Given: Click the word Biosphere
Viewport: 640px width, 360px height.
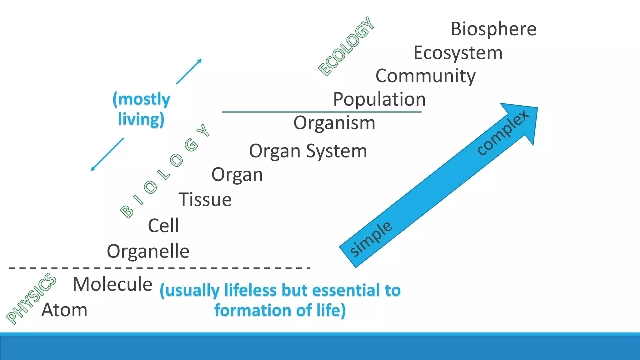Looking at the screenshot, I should (493, 29).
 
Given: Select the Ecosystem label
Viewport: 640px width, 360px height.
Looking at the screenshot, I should (458, 53).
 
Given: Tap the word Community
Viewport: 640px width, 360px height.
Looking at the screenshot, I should (425, 76).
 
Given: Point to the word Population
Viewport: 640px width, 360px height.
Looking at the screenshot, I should (379, 99).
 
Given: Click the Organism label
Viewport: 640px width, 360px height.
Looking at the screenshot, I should (334, 123).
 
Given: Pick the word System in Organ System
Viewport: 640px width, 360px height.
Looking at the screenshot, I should (336, 151).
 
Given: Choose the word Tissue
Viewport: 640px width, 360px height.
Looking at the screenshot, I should (205, 199).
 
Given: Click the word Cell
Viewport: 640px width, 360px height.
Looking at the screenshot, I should (163, 225).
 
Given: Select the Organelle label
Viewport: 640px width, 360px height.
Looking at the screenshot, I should (148, 251).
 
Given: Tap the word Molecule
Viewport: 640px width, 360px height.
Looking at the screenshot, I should (112, 284).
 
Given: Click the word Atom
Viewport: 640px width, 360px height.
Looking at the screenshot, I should (64, 310).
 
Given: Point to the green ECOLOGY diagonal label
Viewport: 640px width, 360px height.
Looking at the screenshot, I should (346, 46).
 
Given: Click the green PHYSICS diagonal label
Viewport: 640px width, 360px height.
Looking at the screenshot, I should (31, 298).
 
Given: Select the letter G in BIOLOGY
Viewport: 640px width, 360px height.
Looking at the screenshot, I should (191, 145).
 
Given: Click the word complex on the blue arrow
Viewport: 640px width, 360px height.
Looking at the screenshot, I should (503, 132).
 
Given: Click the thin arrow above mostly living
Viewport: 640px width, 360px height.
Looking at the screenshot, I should (189, 72).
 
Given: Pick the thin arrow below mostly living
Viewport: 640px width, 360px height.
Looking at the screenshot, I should (107, 154).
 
